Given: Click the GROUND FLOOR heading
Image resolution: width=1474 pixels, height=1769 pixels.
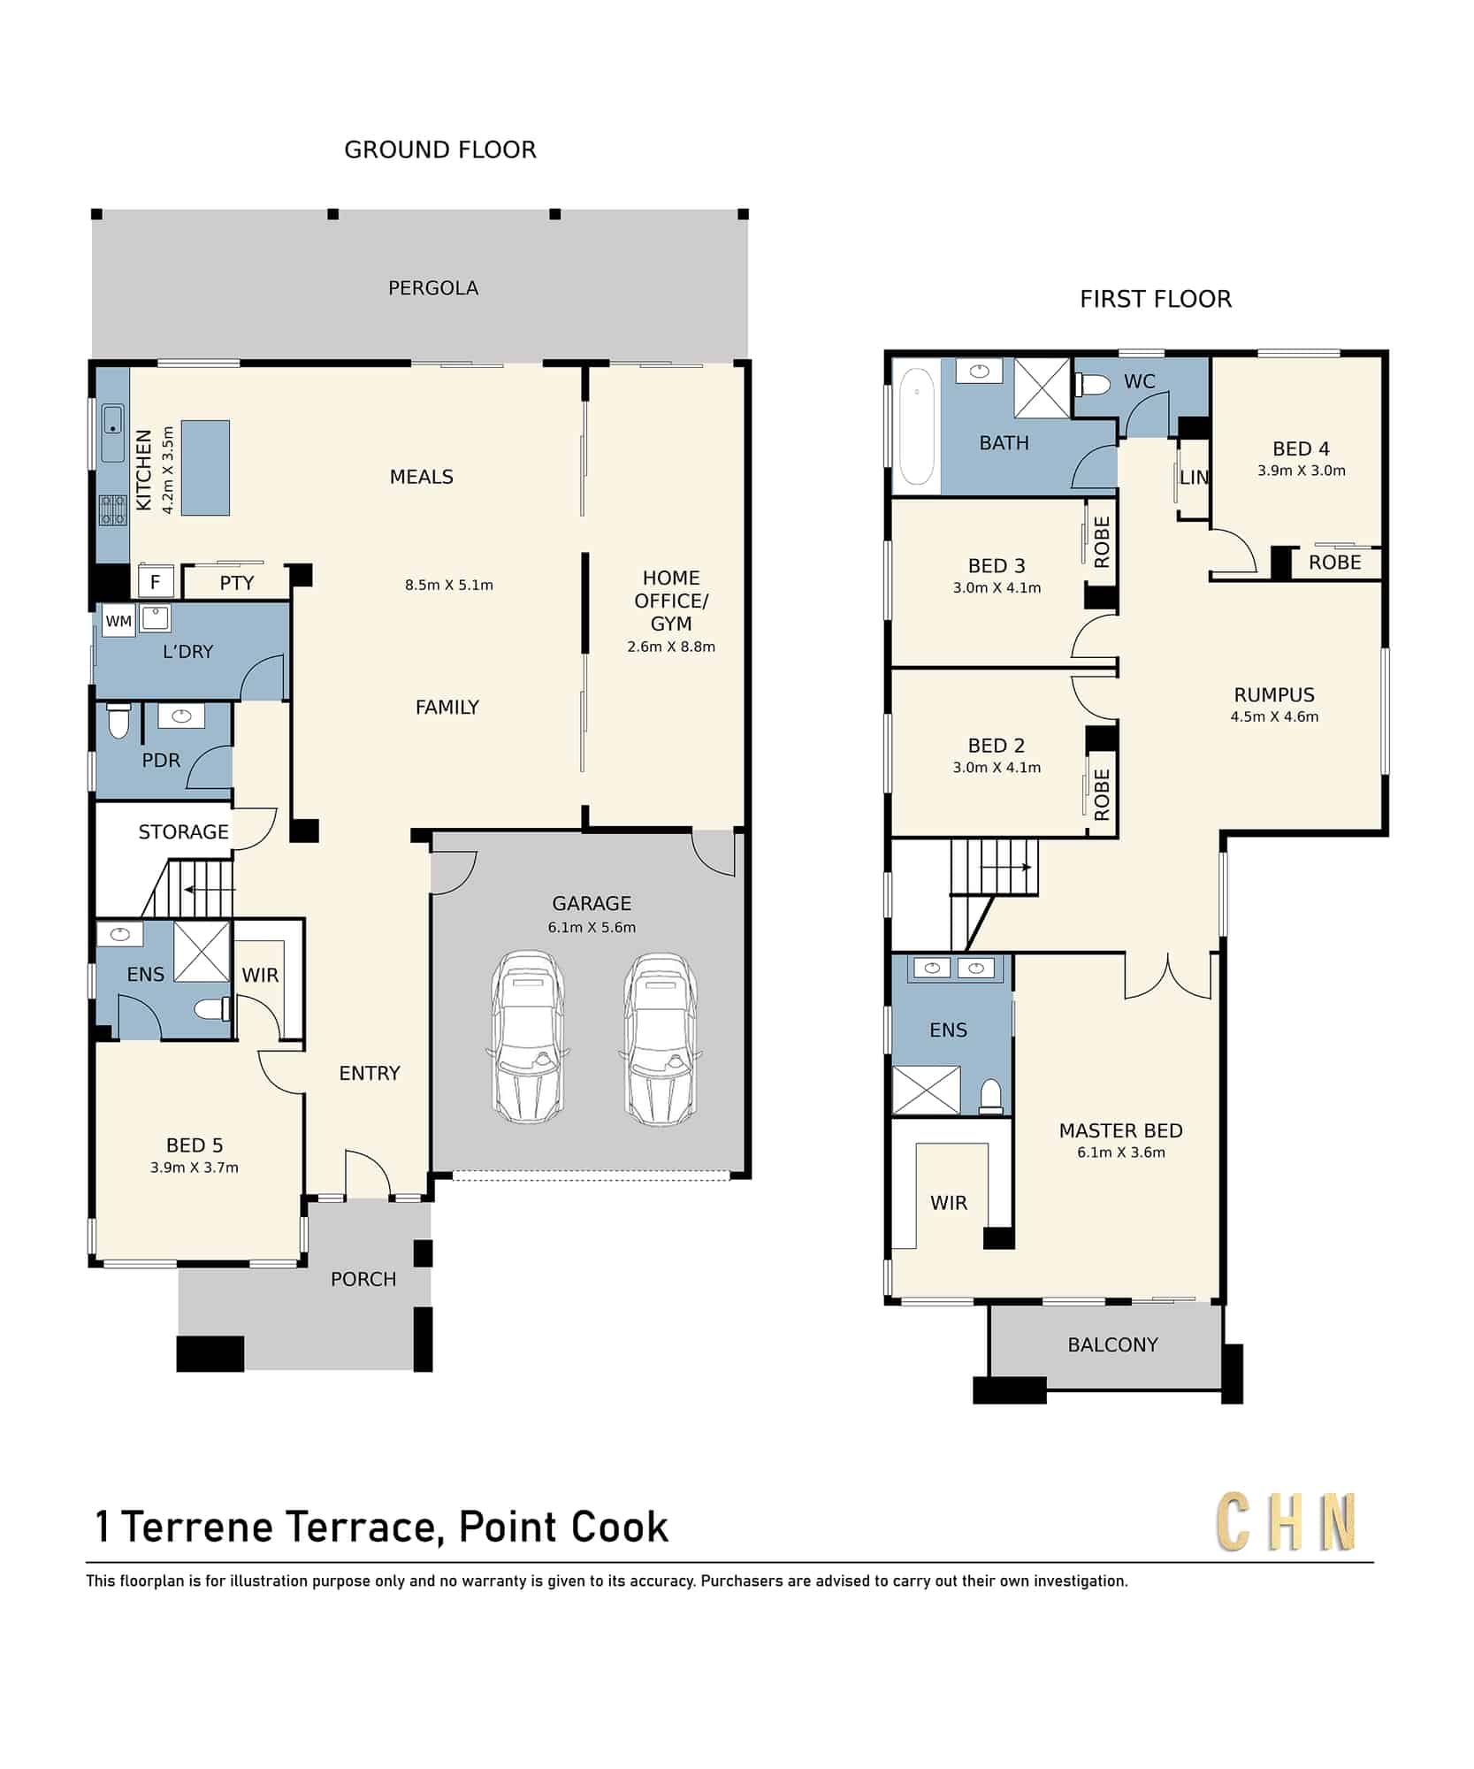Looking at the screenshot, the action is pyautogui.click(x=440, y=150).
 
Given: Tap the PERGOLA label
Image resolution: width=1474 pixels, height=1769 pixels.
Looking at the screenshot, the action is pyautogui.click(x=433, y=288).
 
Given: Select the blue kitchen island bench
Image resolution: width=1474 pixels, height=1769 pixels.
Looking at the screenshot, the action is pyautogui.click(x=205, y=468).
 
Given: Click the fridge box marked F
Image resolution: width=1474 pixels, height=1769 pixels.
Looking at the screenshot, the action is pyautogui.click(x=156, y=582).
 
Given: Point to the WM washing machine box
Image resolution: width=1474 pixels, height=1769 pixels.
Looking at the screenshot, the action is pyautogui.click(x=118, y=621).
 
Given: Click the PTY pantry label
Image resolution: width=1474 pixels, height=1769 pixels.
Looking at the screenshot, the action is pyautogui.click(x=237, y=584).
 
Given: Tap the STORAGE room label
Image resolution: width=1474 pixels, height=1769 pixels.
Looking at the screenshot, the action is pyautogui.click(x=183, y=832).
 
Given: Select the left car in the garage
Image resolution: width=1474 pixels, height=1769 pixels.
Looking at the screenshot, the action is pyautogui.click(x=528, y=1037).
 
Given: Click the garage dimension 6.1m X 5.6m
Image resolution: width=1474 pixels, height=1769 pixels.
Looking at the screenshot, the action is pyautogui.click(x=592, y=928).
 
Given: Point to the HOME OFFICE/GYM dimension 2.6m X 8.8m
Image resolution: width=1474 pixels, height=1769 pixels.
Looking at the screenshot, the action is pyautogui.click(x=671, y=647).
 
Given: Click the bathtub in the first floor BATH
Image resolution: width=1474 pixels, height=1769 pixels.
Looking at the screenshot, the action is pyautogui.click(x=917, y=426).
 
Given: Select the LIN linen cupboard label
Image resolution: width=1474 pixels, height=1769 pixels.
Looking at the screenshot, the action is pyautogui.click(x=1194, y=478).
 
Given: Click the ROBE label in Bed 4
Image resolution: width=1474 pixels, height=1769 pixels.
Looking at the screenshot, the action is pyautogui.click(x=1334, y=563).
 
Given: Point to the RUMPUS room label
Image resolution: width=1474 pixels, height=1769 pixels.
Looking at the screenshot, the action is pyautogui.click(x=1274, y=695).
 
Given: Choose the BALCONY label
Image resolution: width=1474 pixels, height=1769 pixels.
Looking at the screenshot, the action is pyautogui.click(x=1112, y=1345).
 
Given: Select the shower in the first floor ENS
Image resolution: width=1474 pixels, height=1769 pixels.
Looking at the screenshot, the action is pyautogui.click(x=926, y=1091).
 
